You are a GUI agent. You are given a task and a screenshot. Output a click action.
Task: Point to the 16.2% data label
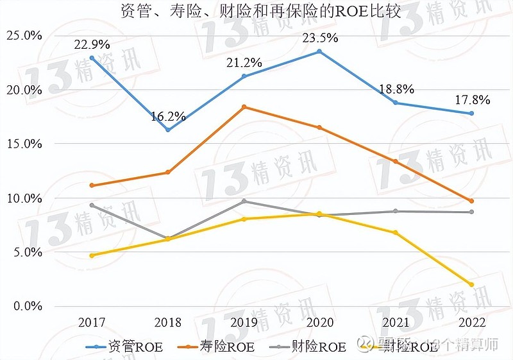coord(168,117)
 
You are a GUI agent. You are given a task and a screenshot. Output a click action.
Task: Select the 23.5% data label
coord(319,38)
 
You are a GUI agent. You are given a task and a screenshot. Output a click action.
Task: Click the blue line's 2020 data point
coord(319,51)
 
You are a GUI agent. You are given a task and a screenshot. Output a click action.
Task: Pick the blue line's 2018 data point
coord(168,130)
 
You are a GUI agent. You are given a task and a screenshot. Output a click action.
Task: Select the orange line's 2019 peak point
coord(244,107)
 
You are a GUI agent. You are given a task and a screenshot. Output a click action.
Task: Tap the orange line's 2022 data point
coord(471,201)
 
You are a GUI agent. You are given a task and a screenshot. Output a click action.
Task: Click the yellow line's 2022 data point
coord(471,284)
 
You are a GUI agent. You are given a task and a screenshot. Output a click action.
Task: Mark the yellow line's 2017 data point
coord(92,255)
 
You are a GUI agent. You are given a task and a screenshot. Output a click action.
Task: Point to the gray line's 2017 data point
coord(92,205)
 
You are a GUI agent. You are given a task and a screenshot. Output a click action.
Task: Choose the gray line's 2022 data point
coord(471,212)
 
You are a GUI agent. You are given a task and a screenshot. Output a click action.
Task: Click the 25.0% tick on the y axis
coord(24,35)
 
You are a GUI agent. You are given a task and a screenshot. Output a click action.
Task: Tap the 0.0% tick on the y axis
coord(27,306)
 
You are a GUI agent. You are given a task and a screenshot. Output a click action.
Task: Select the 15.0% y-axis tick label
coord(24,144)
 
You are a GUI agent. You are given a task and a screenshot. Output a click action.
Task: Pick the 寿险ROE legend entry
coord(217,347)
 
